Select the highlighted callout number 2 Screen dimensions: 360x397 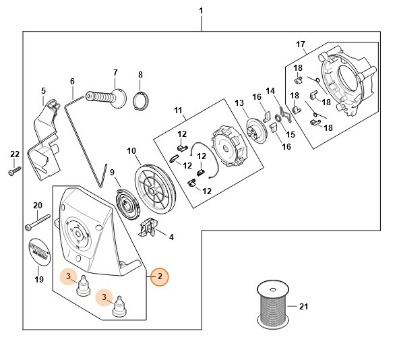click(x=160, y=276)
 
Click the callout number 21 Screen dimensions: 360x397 click(x=303, y=307)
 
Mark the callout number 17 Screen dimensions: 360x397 click(x=301, y=45)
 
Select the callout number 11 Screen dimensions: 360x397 click(x=179, y=110)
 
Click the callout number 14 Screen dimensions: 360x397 click(x=270, y=91)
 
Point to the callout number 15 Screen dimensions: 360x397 click(x=291, y=133)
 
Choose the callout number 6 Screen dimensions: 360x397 click(x=71, y=82)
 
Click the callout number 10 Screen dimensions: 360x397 click(x=131, y=150)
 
